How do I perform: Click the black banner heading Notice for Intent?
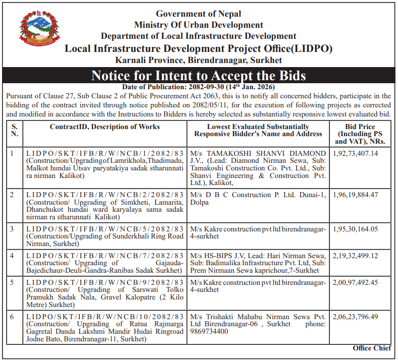pos(198,76)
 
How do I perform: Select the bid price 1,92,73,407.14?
pos(356,153)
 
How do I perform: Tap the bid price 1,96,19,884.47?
pos(356,195)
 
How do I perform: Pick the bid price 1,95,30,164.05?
pos(356,229)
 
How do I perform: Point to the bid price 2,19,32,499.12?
pos(356,256)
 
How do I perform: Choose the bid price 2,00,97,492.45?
pos(356,282)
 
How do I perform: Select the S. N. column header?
pos(15,130)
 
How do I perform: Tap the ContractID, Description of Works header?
pos(105,127)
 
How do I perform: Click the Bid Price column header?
pos(360,134)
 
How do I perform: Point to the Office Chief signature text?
pos(372,348)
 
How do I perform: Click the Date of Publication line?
pos(198,87)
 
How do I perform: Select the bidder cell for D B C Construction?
pos(258,198)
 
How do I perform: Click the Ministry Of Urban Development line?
pos(198,25)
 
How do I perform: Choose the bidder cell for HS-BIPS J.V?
pos(258,263)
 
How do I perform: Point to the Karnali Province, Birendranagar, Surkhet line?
pos(198,60)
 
